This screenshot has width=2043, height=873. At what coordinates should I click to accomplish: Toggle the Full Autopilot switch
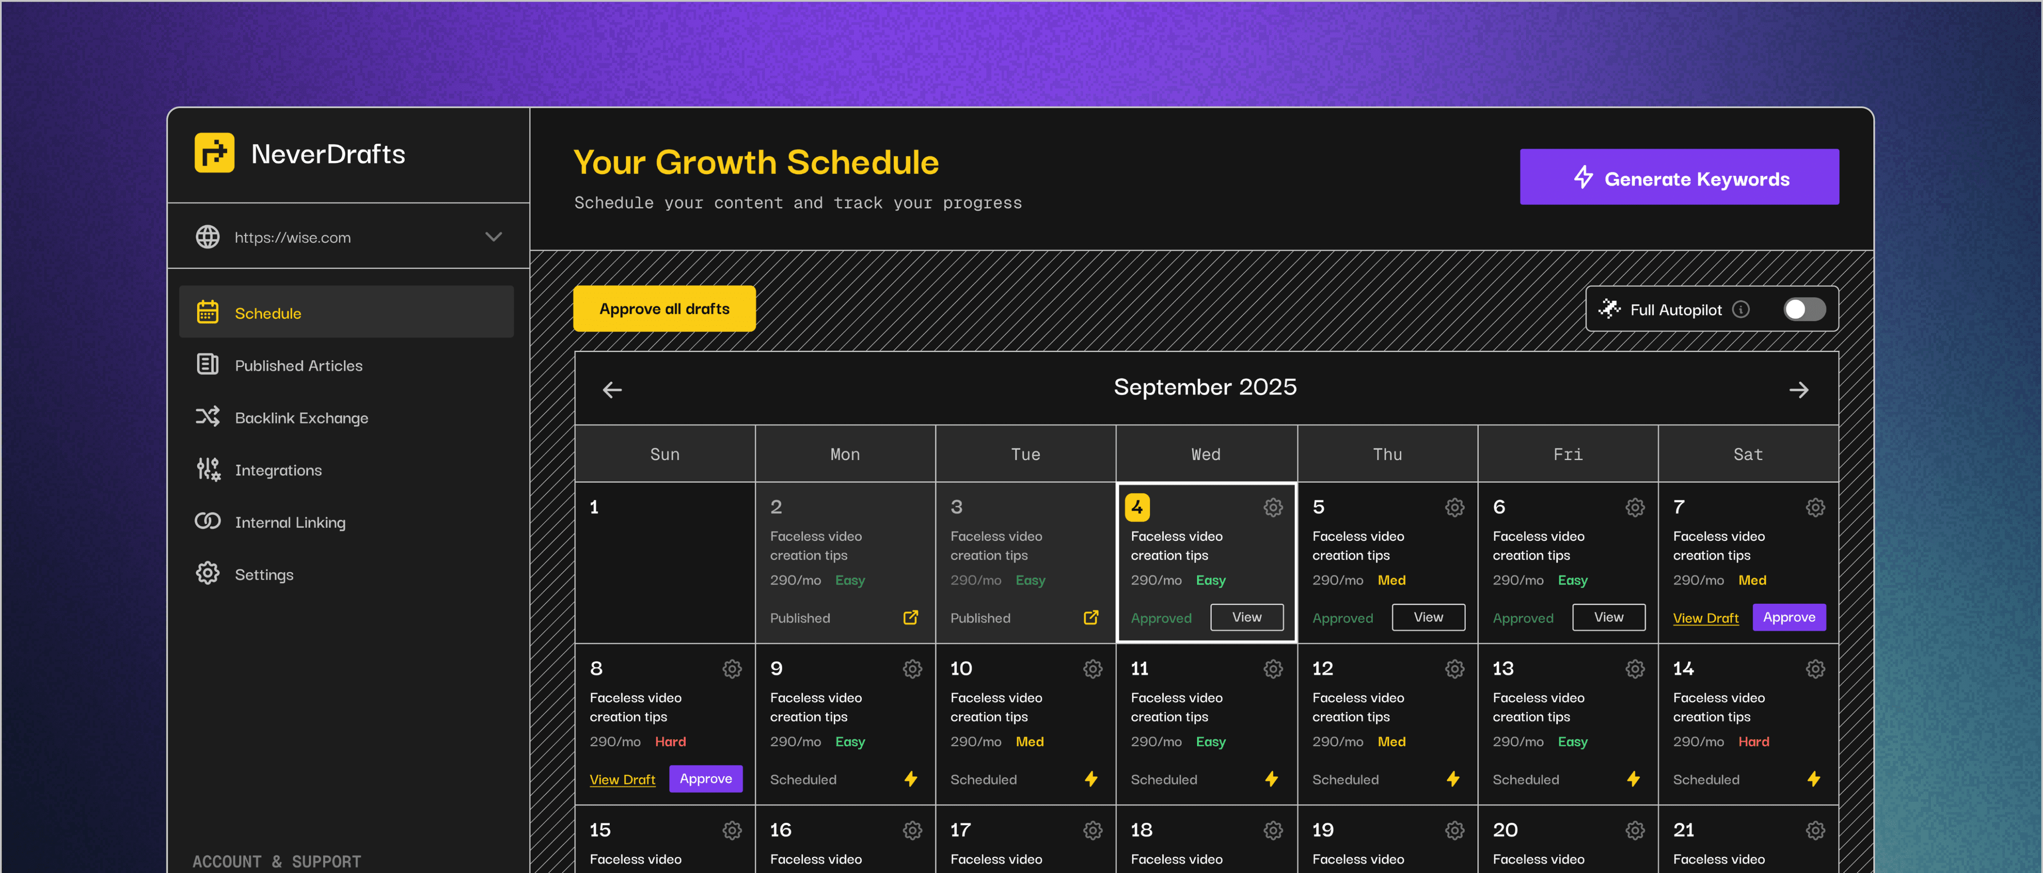pos(1804,309)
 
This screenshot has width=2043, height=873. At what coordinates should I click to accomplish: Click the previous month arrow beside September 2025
pos(612,390)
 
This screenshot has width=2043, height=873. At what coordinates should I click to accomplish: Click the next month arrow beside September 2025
pos(1799,390)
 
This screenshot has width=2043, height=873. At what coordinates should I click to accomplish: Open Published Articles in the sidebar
pos(298,366)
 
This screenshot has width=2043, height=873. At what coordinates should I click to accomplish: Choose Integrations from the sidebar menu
pos(278,471)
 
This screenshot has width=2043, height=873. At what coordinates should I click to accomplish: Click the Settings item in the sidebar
pos(263,574)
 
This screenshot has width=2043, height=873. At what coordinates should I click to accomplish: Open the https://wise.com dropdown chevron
pos(493,237)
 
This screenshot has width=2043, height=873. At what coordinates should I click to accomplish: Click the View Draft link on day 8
pos(622,779)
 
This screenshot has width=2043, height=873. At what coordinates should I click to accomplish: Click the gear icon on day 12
pos(1454,669)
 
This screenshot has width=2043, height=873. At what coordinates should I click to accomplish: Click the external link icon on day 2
pos(910,617)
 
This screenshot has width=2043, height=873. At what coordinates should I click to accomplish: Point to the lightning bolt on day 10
pos(1091,779)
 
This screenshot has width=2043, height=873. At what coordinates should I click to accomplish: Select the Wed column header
pos(1206,454)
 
